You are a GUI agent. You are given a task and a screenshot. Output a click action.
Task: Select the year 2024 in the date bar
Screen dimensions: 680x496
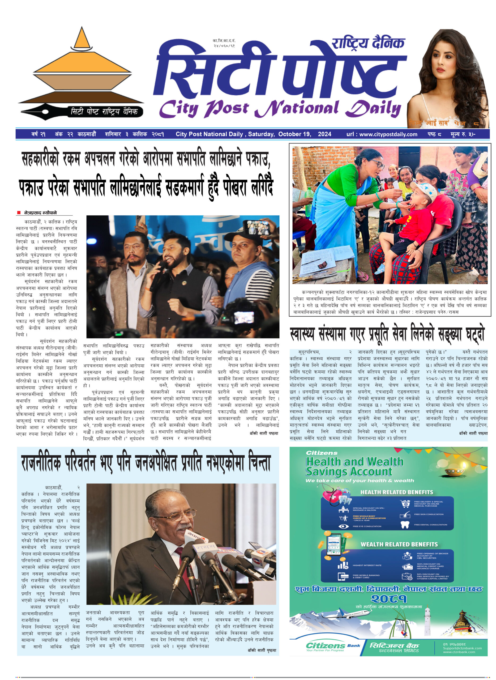pos(324,134)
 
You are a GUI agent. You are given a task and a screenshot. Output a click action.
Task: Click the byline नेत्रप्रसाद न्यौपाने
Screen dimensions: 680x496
pos(41,213)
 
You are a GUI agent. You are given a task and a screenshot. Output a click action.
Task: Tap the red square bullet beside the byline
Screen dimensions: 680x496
pos(19,213)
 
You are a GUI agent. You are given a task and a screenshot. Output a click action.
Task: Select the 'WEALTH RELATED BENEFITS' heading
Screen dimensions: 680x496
pos(399,544)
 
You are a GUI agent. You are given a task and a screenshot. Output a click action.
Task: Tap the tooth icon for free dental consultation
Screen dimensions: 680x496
pos(405,525)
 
